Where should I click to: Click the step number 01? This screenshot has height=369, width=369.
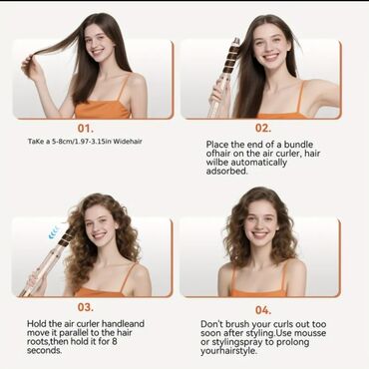(86, 128)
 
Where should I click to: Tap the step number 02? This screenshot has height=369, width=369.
(263, 128)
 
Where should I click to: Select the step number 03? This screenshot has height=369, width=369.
(86, 307)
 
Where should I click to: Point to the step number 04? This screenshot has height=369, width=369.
(263, 310)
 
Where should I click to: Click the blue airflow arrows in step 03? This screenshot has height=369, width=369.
(54, 231)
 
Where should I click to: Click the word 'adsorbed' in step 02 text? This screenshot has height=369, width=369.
(227, 172)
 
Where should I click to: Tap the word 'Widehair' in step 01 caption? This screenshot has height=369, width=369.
(128, 142)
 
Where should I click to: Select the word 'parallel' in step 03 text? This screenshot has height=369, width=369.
(71, 333)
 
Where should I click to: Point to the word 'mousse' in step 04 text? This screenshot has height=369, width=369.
(310, 333)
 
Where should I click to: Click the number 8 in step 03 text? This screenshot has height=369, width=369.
(115, 341)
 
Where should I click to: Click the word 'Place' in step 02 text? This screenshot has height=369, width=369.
(217, 145)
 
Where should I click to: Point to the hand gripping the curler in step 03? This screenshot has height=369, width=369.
(36, 281)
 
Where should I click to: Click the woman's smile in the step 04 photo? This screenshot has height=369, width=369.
(259, 234)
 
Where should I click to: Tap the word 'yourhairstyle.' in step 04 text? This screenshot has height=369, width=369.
(228, 351)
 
